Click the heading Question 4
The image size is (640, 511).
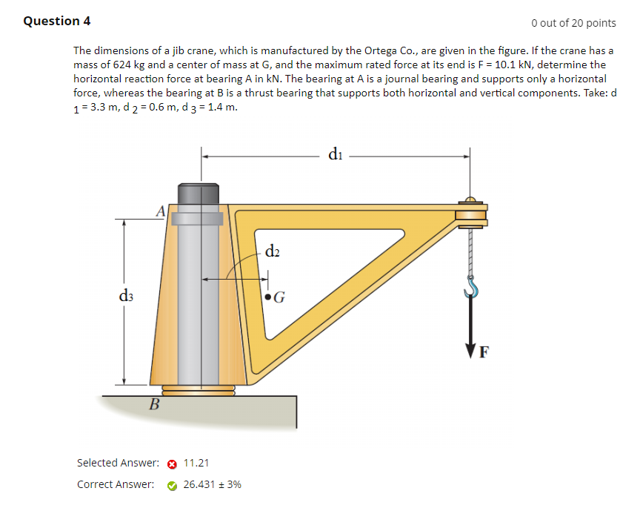tap(57, 21)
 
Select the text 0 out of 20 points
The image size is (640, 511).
tap(573, 23)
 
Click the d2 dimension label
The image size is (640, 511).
tap(272, 251)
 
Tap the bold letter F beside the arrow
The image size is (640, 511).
tap(484, 352)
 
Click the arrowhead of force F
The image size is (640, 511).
tap(470, 349)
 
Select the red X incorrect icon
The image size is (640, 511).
tap(171, 464)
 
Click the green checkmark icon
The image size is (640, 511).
tap(171, 485)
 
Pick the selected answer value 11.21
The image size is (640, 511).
tap(196, 463)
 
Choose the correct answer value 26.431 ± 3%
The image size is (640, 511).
tap(212, 484)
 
